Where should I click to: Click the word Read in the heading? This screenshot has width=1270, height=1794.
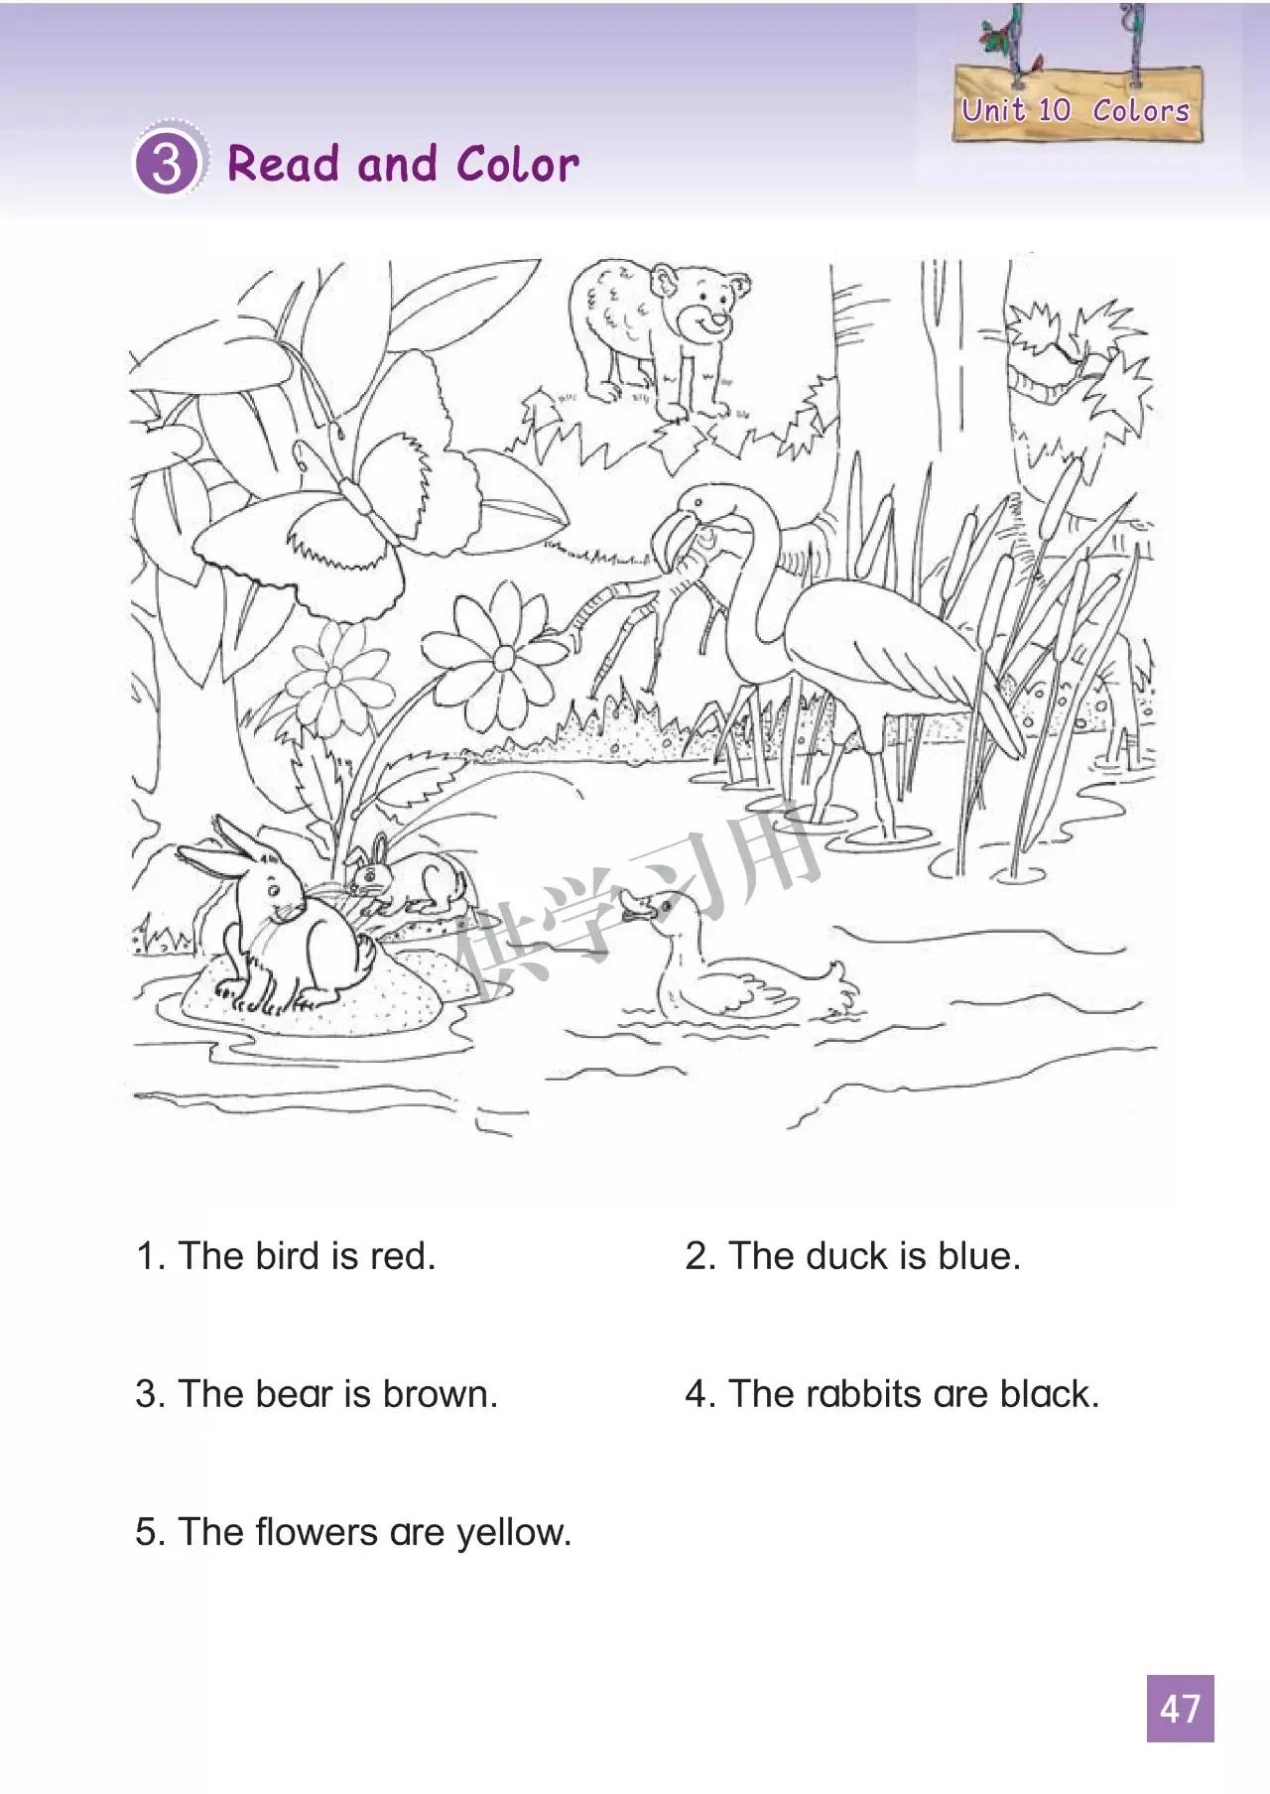(287, 164)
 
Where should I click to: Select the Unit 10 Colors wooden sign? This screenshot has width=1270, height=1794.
(1077, 103)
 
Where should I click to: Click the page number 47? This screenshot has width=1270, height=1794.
(1181, 1709)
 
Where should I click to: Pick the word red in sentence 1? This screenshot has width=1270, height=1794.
(403, 1256)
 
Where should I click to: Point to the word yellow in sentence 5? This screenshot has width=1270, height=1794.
(514, 1533)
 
